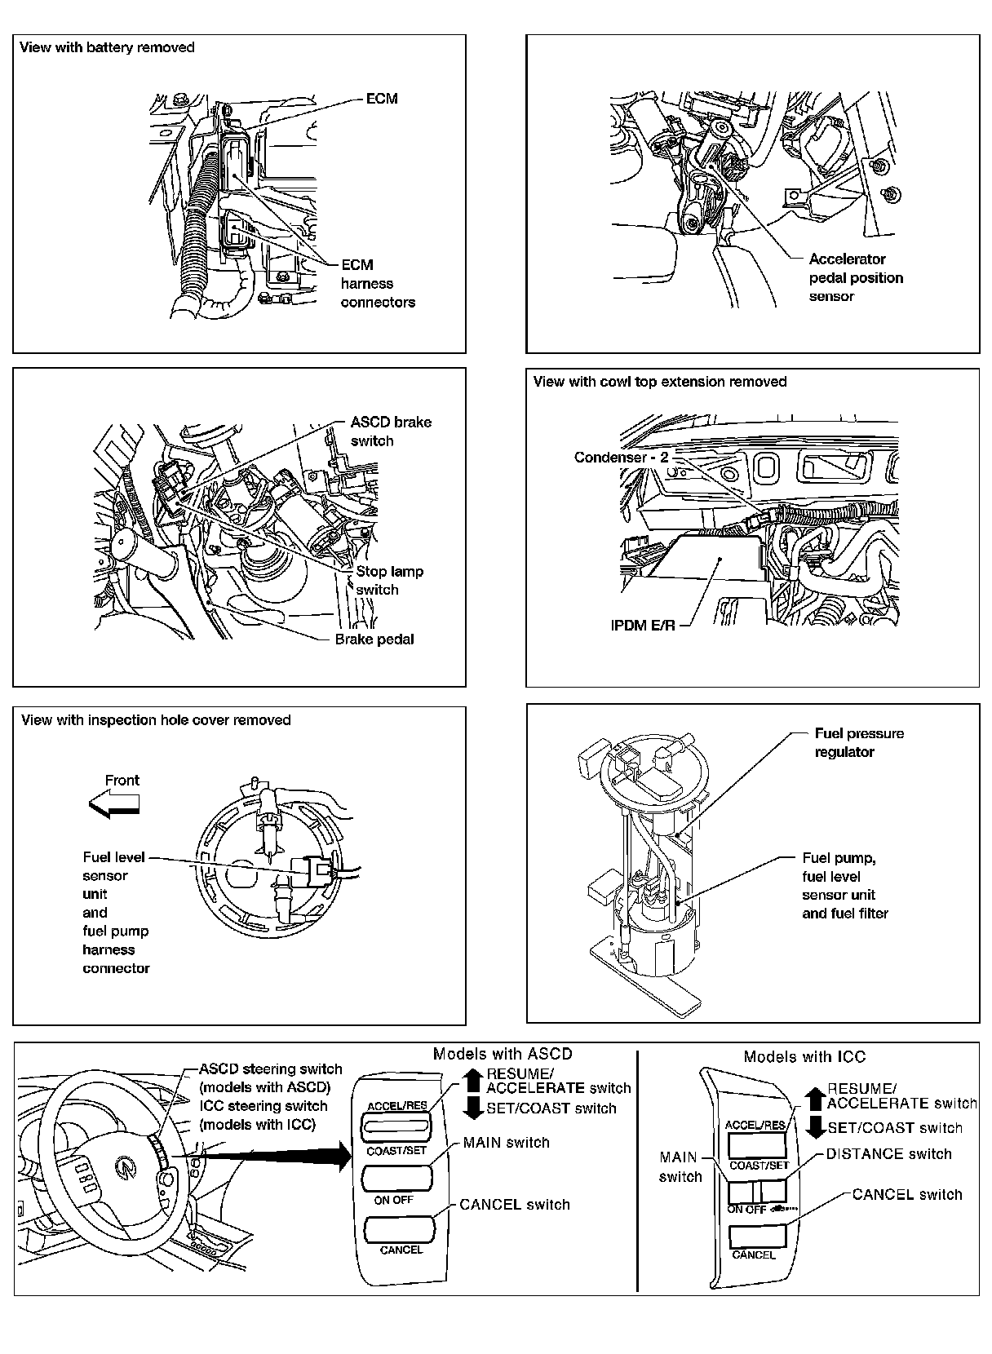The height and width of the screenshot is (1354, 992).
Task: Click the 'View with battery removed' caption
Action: tap(107, 47)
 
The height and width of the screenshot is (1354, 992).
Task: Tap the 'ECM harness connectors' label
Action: tap(378, 284)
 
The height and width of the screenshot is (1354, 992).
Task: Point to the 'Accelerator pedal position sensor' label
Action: tap(856, 277)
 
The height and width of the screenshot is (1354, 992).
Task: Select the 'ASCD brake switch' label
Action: tap(391, 431)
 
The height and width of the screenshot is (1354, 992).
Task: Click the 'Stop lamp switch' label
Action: tap(389, 581)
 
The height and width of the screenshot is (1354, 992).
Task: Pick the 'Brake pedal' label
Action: tap(374, 639)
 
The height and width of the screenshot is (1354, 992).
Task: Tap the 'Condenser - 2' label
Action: tap(621, 458)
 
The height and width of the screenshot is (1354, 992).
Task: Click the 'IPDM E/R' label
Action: tap(643, 626)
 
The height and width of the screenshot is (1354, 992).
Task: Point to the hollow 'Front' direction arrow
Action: tap(114, 806)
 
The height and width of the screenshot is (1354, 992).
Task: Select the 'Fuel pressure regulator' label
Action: tap(859, 742)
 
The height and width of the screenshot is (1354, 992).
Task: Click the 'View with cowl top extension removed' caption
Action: tap(659, 382)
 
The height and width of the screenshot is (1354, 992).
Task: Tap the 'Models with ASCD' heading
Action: tap(503, 1054)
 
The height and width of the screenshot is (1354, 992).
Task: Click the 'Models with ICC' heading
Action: tap(804, 1057)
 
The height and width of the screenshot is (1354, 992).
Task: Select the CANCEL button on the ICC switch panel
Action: tap(756, 1236)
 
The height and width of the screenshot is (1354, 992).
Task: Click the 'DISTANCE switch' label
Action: tap(888, 1154)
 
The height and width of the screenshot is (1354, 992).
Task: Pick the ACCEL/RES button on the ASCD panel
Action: tap(396, 1127)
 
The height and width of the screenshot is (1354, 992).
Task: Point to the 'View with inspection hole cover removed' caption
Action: tap(156, 720)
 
